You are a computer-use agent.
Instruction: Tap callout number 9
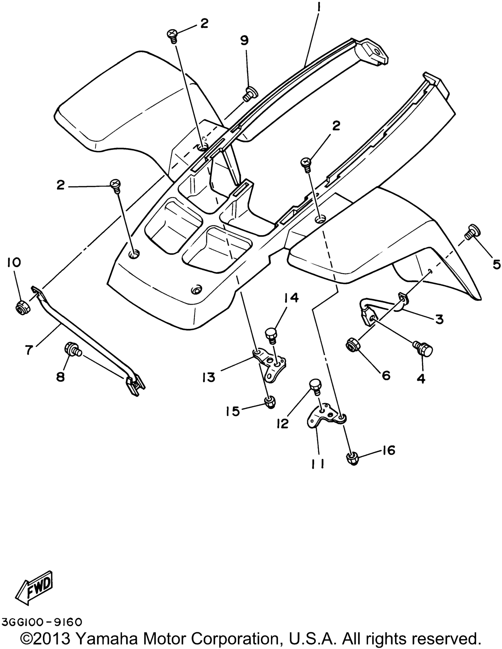[x=244, y=40]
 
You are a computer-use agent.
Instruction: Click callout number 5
[x=496, y=264]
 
